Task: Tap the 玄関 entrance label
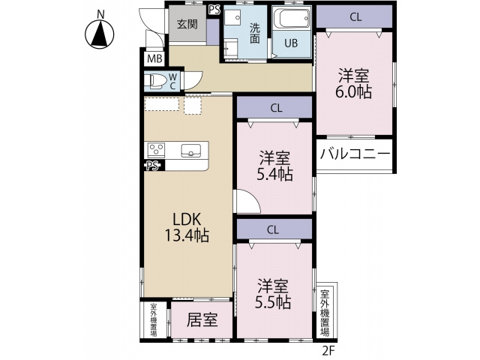coord(187,24)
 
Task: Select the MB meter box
coord(155,58)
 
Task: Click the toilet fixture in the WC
coord(156,81)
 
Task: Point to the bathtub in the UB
coord(291,18)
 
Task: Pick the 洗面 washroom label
coord(255,33)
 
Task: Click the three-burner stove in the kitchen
coord(157,150)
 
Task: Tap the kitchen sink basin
coord(191,151)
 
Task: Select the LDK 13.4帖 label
coord(187,227)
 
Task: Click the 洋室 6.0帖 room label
coord(354,84)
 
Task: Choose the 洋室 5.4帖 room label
coord(274,166)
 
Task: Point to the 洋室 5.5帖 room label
coord(273,294)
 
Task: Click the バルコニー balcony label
coord(355,154)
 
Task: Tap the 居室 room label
coord(202,320)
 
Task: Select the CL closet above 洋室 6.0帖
coord(354,16)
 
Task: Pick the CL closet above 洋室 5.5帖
coord(274,229)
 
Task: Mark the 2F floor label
coord(329,350)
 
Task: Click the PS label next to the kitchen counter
coord(152,166)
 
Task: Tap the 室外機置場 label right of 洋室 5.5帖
coord(325,313)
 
